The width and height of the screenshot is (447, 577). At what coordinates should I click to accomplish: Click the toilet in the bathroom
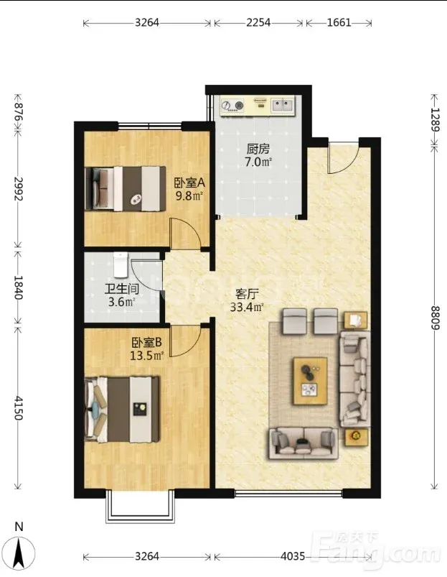tap(120, 264)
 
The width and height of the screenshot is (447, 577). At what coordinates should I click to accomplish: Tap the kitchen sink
tap(283, 105)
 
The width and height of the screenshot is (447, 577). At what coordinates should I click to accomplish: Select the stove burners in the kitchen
tap(232, 106)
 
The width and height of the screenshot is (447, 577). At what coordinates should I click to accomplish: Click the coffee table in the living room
tap(310, 381)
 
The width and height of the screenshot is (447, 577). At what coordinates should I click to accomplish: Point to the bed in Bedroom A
tap(125, 189)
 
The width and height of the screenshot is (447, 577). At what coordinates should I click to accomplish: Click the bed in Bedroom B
tap(122, 408)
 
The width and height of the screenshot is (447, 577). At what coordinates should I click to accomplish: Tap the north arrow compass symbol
tap(20, 550)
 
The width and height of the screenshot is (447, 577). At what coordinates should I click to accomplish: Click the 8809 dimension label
tap(435, 318)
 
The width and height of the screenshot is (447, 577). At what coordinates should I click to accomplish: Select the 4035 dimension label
tap(293, 555)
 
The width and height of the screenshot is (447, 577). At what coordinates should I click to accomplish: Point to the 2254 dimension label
tap(258, 23)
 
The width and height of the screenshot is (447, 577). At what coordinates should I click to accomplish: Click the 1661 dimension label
tap(339, 23)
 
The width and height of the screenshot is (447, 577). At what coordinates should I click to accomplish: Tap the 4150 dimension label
tap(18, 408)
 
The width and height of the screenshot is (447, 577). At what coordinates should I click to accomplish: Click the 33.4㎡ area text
tap(247, 307)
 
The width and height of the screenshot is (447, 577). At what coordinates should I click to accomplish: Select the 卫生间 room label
tap(121, 289)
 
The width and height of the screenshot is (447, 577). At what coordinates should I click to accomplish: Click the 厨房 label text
tap(258, 149)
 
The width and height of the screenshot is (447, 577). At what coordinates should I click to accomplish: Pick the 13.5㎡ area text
tap(146, 356)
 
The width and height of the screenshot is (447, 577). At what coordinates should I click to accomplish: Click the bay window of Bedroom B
tap(140, 507)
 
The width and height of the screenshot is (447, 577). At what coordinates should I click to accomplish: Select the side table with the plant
tap(356, 437)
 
